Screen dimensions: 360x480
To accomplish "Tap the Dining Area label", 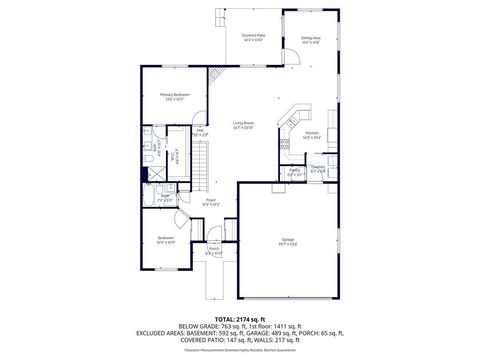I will pos(311,40).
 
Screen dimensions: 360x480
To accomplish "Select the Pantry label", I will pos(295,172).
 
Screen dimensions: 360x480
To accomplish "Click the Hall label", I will pos(200,133).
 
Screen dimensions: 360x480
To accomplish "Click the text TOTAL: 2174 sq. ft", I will pos(239,317).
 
